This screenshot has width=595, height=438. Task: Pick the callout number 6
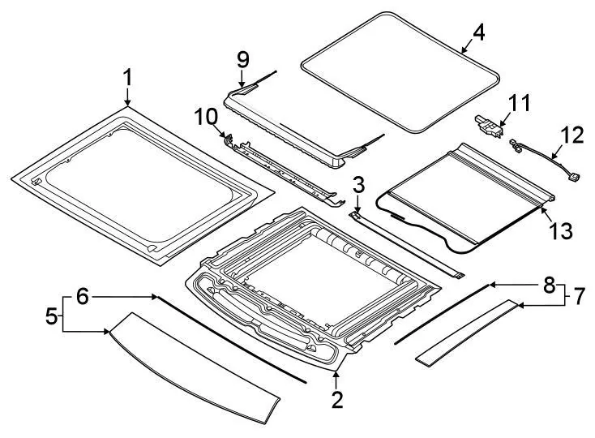coord(82,297)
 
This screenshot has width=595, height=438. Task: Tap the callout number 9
coord(242,59)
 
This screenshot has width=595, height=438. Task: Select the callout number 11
coord(518,103)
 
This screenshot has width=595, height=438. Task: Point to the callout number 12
coord(571,135)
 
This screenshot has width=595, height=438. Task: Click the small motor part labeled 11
coord(490,126)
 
